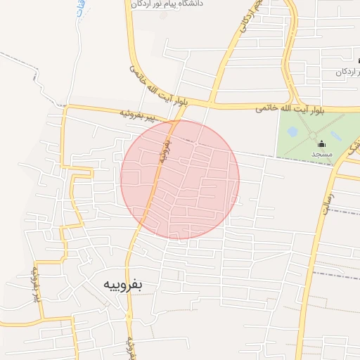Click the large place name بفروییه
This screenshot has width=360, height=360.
pyautogui.click(x=123, y=285)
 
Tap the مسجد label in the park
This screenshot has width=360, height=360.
pyautogui.click(x=322, y=153)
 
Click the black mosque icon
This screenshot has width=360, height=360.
pyautogui.click(x=322, y=143)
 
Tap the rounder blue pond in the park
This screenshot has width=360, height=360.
pyautogui.click(x=292, y=131)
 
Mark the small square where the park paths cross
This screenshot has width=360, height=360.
pyautogui.click(x=313, y=134)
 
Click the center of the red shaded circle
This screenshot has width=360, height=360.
pyautogui.click(x=180, y=179)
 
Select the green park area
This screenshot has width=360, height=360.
pyautogui.click(x=302, y=148)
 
